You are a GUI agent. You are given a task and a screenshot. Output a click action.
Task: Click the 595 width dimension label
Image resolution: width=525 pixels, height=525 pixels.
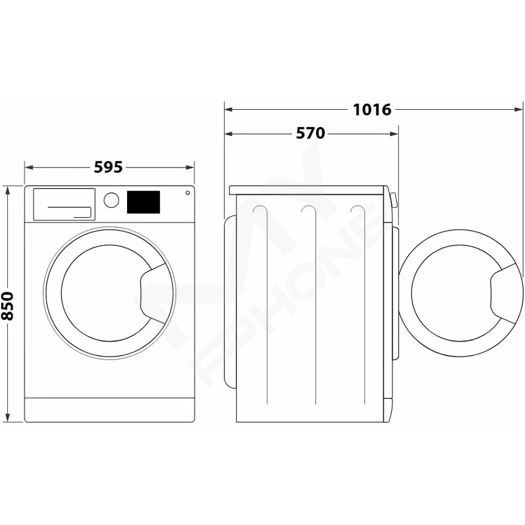pyautogui.click(x=108, y=167)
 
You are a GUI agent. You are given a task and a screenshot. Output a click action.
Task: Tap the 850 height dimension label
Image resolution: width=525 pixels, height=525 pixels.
pyautogui.click(x=7, y=306)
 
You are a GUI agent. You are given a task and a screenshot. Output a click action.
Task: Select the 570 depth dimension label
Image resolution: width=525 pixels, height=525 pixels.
pyautogui.click(x=310, y=133)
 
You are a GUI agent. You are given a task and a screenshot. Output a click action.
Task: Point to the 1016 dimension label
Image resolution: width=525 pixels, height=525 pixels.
pyautogui.click(x=372, y=110)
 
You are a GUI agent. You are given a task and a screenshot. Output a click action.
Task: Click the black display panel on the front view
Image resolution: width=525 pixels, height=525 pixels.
pyautogui.click(x=143, y=202)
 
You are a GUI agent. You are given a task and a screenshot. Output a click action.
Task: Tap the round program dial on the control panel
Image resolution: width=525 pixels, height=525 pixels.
pyautogui.click(x=111, y=200)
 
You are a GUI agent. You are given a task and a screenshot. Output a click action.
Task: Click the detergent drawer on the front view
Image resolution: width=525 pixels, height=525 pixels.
pyautogui.click(x=64, y=205)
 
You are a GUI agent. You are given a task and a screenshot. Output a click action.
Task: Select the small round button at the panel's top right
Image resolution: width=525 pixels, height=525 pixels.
pyautogui.click(x=188, y=193)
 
